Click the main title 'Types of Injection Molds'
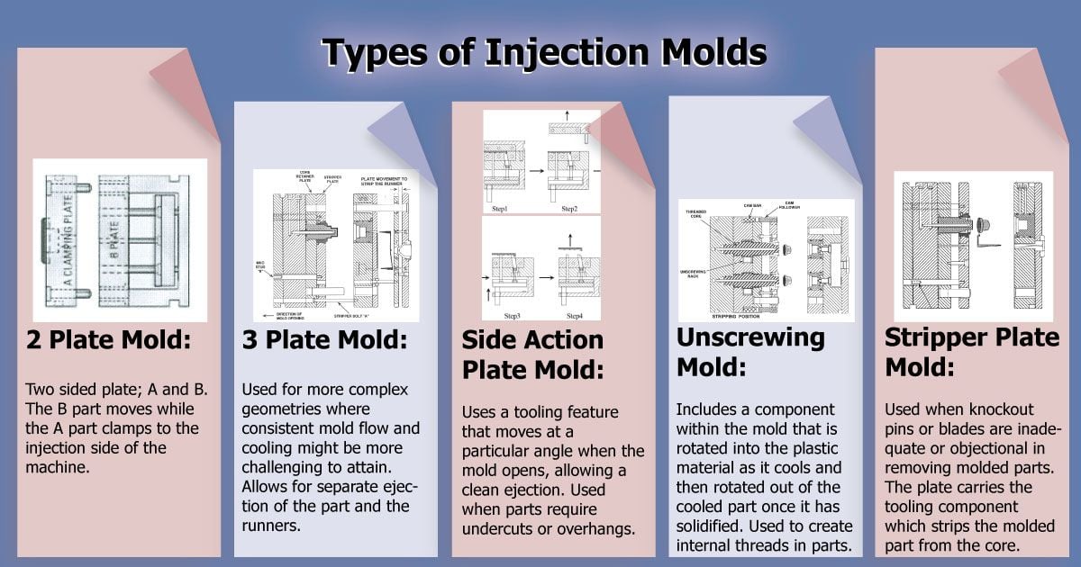point(544,53)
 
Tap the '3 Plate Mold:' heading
point(325,342)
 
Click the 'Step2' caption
point(569,209)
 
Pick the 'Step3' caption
point(513,316)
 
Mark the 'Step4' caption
point(575,316)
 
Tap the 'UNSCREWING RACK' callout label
point(696,271)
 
